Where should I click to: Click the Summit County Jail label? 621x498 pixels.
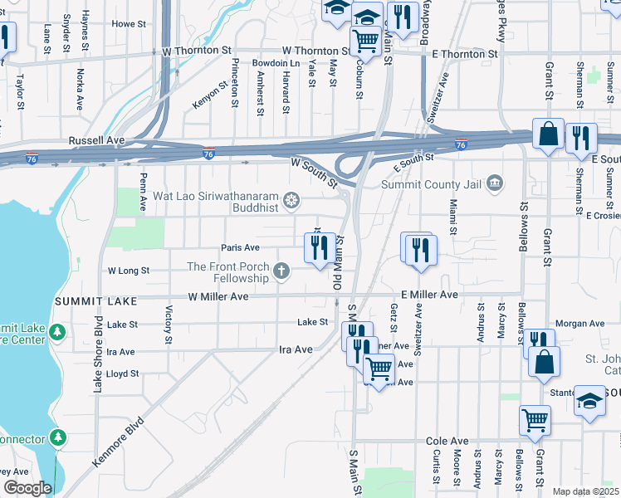(432, 184)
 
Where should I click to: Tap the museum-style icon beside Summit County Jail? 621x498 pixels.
(495, 183)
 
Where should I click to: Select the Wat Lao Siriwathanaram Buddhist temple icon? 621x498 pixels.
(291, 199)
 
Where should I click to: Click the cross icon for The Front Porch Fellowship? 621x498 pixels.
(282, 270)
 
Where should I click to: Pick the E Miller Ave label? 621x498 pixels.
(429, 295)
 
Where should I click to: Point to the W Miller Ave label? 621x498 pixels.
(218, 296)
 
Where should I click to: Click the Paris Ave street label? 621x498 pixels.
(240, 247)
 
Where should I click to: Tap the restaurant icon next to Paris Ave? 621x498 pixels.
(319, 247)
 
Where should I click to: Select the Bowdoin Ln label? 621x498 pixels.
(276, 63)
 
